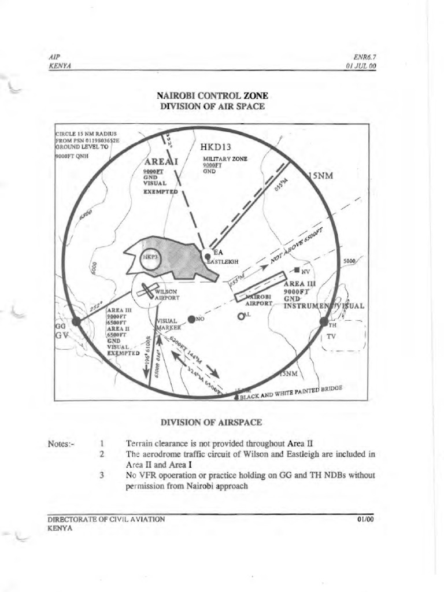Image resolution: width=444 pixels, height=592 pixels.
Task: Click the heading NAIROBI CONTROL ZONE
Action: (212, 95)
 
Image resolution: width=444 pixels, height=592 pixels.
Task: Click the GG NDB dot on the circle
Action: (76, 321)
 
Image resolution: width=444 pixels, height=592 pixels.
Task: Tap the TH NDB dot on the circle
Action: (324, 321)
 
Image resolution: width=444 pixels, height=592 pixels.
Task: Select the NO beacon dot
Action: (191, 318)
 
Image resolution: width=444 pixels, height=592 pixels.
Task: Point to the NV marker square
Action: (297, 270)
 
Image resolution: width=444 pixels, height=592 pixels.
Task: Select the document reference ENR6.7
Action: (365, 57)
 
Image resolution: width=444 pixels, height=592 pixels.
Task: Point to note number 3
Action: (101, 475)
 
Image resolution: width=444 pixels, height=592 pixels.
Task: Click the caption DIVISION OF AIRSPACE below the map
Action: (212, 422)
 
